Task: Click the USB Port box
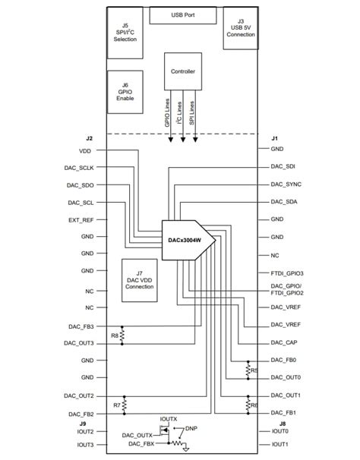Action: point(184,15)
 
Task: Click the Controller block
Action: point(183,72)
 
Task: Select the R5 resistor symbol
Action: point(248,370)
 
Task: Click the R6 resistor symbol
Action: point(248,405)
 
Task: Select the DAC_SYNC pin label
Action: point(286,184)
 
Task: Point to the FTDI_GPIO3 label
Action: point(287,273)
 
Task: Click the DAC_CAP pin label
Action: point(286,342)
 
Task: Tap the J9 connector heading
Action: point(89,423)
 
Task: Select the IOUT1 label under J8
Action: point(281,444)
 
